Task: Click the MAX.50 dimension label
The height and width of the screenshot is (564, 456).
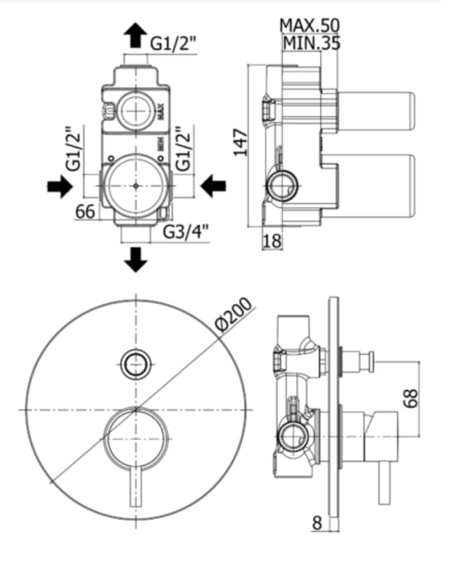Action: (x=309, y=25)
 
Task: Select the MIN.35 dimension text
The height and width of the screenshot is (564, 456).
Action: (x=310, y=43)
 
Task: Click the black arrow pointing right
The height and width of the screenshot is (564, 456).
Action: (x=59, y=185)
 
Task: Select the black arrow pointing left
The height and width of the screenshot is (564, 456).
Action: (x=213, y=185)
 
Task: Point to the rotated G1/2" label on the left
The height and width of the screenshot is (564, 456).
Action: (x=72, y=149)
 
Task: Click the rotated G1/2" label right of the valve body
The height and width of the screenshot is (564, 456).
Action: (x=183, y=148)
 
